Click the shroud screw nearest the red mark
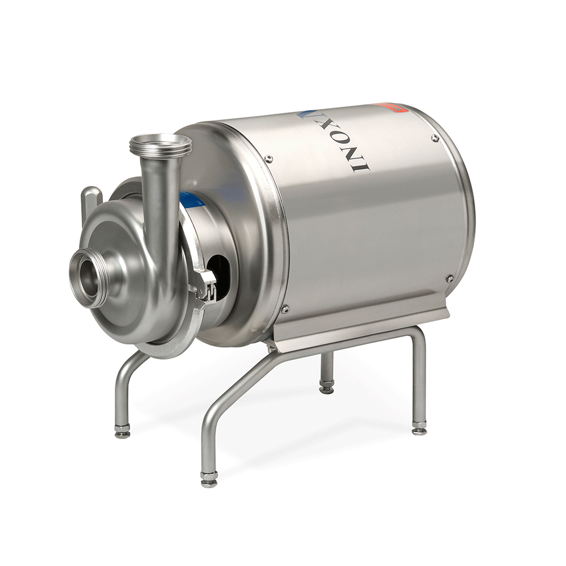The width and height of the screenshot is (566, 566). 435,138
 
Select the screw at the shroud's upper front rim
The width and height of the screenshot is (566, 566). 269,159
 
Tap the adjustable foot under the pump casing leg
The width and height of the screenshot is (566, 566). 122,432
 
